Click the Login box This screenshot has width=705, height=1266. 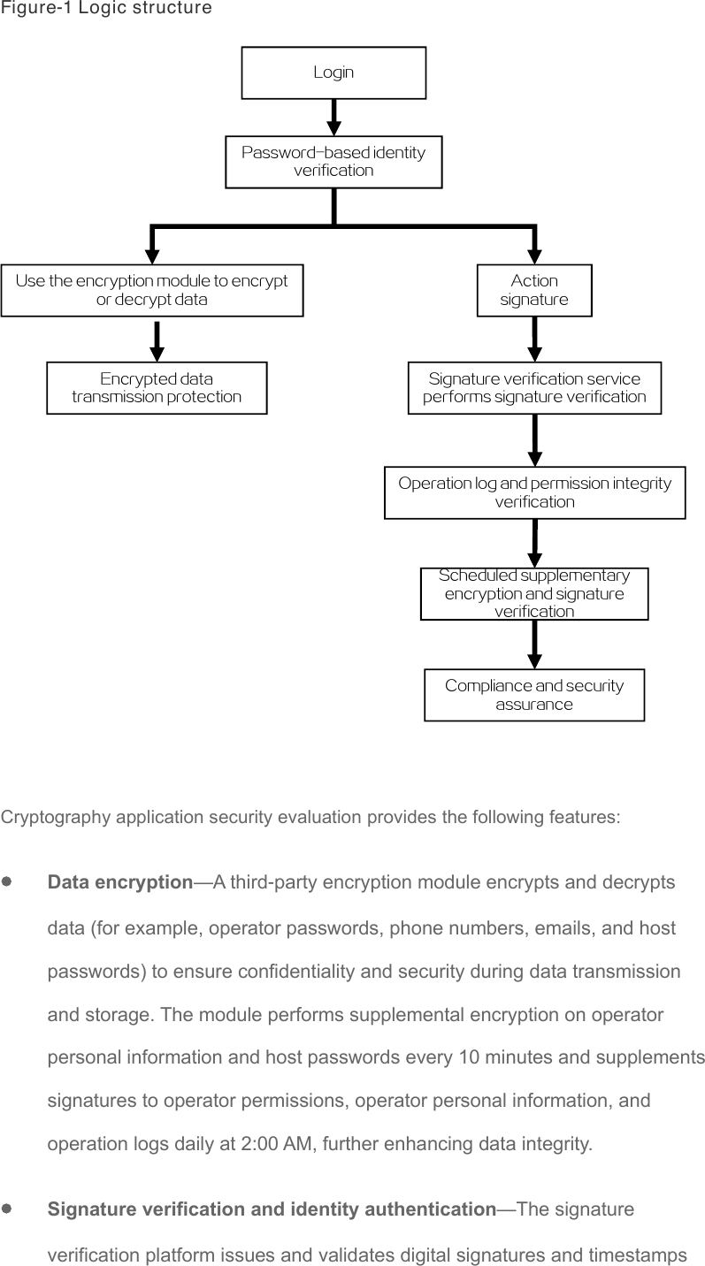click(333, 72)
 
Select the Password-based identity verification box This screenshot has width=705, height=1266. click(333, 162)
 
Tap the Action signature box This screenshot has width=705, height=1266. click(534, 290)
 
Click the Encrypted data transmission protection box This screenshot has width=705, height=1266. click(157, 388)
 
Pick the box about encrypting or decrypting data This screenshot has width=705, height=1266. click(152, 290)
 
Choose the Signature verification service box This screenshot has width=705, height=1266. click(534, 388)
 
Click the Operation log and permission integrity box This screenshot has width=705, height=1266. click(535, 492)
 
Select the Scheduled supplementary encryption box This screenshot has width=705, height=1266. click(534, 593)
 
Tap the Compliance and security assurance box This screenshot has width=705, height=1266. click(534, 695)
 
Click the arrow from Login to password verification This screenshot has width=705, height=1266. click(334, 118)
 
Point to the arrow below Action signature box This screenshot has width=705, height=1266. click(534, 339)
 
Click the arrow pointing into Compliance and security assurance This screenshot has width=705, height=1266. click(535, 644)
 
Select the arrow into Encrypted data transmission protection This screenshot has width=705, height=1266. click(157, 341)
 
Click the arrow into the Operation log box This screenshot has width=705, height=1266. click(535, 440)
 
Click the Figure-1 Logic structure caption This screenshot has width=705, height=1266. click(106, 8)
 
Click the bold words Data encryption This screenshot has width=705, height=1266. click(120, 882)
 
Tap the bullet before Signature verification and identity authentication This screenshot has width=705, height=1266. click(7, 1209)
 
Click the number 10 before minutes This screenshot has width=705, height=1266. click(469, 1056)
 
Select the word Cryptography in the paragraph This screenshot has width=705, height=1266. click(56, 817)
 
